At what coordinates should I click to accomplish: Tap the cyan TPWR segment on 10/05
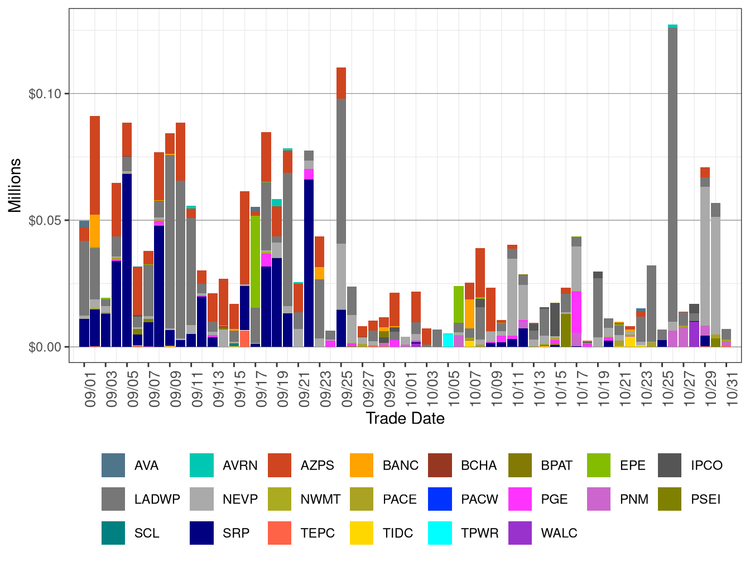448,340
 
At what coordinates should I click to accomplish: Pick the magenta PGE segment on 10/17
576,312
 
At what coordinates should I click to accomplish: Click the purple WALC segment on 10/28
694,333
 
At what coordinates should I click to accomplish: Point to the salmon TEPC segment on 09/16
244,338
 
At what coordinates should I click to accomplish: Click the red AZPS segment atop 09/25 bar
341,83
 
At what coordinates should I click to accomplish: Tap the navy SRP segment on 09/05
127,260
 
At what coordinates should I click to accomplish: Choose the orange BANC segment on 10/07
469,314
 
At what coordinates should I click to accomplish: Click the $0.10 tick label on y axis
45,94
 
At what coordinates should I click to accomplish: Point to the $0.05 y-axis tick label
45,220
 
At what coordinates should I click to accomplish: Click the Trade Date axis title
405,418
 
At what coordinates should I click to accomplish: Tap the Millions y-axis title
15,185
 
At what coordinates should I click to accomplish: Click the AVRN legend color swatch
201,466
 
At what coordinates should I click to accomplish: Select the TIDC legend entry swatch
362,533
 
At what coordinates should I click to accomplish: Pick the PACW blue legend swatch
440,499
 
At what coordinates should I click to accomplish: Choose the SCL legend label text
147,533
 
